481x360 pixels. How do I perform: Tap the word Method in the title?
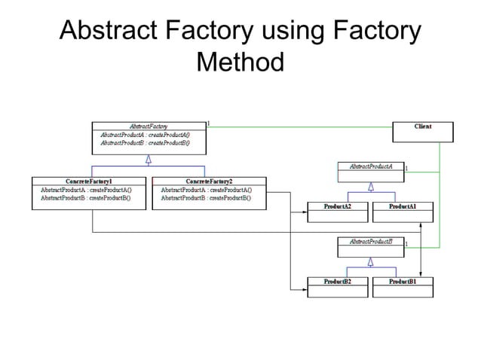click(x=240, y=62)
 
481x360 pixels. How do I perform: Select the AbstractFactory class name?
click(x=149, y=126)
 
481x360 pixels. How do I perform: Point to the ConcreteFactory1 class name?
click(x=89, y=182)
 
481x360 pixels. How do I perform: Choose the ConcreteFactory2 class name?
click(x=209, y=182)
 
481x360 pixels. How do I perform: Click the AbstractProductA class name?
click(x=370, y=166)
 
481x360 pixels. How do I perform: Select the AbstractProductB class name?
click(x=370, y=242)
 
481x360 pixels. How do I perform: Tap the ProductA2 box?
click(x=338, y=211)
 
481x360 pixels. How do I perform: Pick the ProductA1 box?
click(x=403, y=211)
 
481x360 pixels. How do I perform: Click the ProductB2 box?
click(x=338, y=286)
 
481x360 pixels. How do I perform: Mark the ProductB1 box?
click(x=403, y=286)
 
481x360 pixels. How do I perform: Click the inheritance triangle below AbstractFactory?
click(x=149, y=158)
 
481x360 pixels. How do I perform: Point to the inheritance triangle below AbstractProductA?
click(x=370, y=188)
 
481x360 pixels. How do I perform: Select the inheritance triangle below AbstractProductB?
click(x=370, y=262)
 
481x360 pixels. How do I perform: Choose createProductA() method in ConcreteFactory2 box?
click(x=230, y=190)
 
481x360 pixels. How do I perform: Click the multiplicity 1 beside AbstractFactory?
click(x=208, y=122)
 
